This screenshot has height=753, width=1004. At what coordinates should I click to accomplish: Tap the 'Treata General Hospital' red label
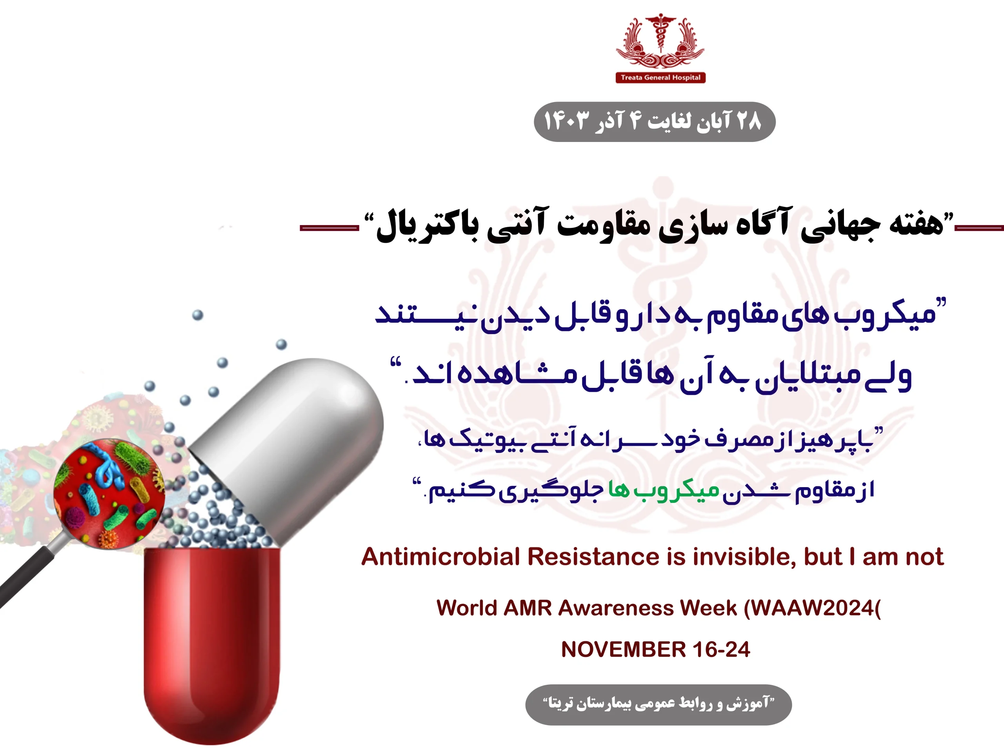(660, 78)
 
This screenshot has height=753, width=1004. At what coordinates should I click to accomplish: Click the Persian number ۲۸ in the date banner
(748, 121)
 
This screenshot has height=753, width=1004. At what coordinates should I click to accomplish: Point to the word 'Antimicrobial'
(440, 557)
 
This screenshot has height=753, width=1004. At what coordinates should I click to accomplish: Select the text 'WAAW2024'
(813, 608)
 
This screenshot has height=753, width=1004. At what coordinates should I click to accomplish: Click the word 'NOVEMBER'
(623, 649)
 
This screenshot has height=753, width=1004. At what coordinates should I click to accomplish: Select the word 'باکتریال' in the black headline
(427, 227)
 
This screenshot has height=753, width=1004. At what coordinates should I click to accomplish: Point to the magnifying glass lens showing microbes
(109, 493)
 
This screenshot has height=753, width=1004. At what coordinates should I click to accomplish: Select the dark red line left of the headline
(329, 228)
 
